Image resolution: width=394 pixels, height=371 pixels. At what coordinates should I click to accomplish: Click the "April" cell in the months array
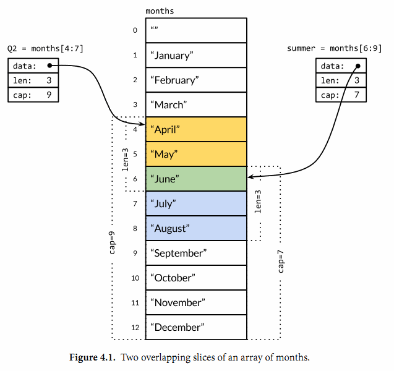click(196, 129)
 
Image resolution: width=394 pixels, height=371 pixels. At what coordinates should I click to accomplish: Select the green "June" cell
click(196, 179)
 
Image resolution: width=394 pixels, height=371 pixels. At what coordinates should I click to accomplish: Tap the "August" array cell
click(196, 228)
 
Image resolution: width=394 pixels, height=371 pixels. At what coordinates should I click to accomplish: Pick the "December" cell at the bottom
click(196, 327)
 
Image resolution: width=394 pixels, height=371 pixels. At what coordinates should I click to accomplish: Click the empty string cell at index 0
click(196, 30)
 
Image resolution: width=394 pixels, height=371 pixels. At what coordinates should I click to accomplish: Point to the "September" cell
click(196, 253)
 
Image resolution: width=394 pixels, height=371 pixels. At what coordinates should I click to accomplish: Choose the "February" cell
click(196, 80)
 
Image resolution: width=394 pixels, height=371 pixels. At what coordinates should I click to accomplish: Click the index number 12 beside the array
click(135, 327)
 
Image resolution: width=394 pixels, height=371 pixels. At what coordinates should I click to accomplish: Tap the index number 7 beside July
click(135, 203)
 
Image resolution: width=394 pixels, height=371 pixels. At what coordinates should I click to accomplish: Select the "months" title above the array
click(160, 11)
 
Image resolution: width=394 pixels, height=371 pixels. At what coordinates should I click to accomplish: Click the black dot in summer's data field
click(358, 65)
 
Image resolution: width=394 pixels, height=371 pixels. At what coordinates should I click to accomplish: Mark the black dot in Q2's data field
click(49, 65)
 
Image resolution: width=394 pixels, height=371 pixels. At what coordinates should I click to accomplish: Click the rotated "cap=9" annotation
click(112, 243)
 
